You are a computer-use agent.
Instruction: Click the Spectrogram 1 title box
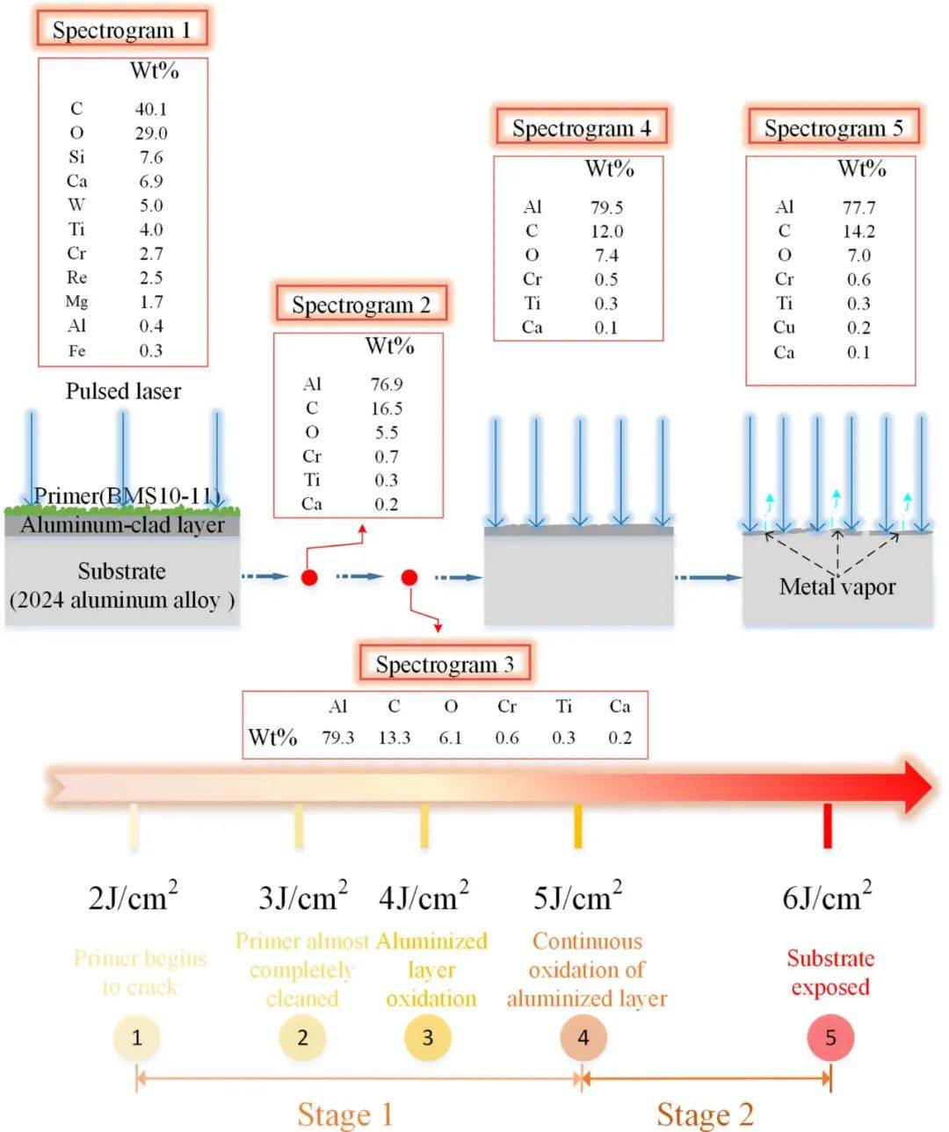point(121,30)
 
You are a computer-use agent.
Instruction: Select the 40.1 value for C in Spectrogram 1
point(150,109)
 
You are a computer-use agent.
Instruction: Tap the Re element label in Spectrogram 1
point(76,278)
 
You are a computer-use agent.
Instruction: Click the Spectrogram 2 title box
point(361,305)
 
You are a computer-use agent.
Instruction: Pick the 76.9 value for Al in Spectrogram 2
point(386,384)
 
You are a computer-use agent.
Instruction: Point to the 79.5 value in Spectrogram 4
point(606,207)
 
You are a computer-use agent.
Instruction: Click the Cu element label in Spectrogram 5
point(784,327)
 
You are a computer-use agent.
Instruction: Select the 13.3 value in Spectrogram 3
point(394,738)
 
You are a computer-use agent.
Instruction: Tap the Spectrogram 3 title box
point(445,664)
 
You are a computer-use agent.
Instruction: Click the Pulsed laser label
point(123,391)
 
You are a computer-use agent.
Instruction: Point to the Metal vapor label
point(837,587)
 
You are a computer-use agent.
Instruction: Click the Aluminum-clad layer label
point(122,525)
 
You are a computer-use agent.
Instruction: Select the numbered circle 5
point(830,1038)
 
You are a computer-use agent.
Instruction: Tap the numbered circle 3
point(428,1038)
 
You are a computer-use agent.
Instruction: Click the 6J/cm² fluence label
point(827,897)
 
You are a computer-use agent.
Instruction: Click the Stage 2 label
point(705,1114)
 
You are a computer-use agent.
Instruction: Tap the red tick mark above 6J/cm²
point(827,826)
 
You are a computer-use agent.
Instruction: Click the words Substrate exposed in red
point(829,972)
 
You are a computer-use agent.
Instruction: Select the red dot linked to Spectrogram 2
point(309,577)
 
